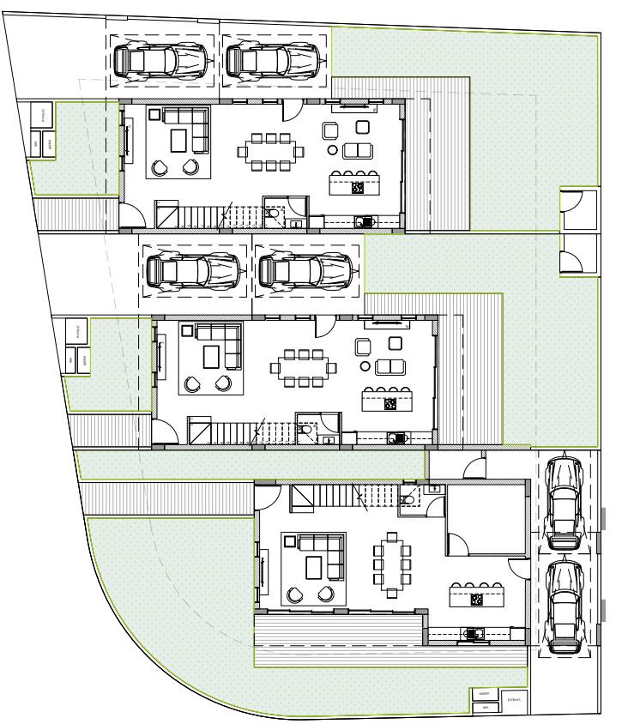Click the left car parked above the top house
[x=161, y=60]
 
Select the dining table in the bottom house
[x=391, y=566]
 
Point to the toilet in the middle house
[x=306, y=431]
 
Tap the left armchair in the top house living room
[x=160, y=167]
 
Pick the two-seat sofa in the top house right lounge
[x=358, y=152]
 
